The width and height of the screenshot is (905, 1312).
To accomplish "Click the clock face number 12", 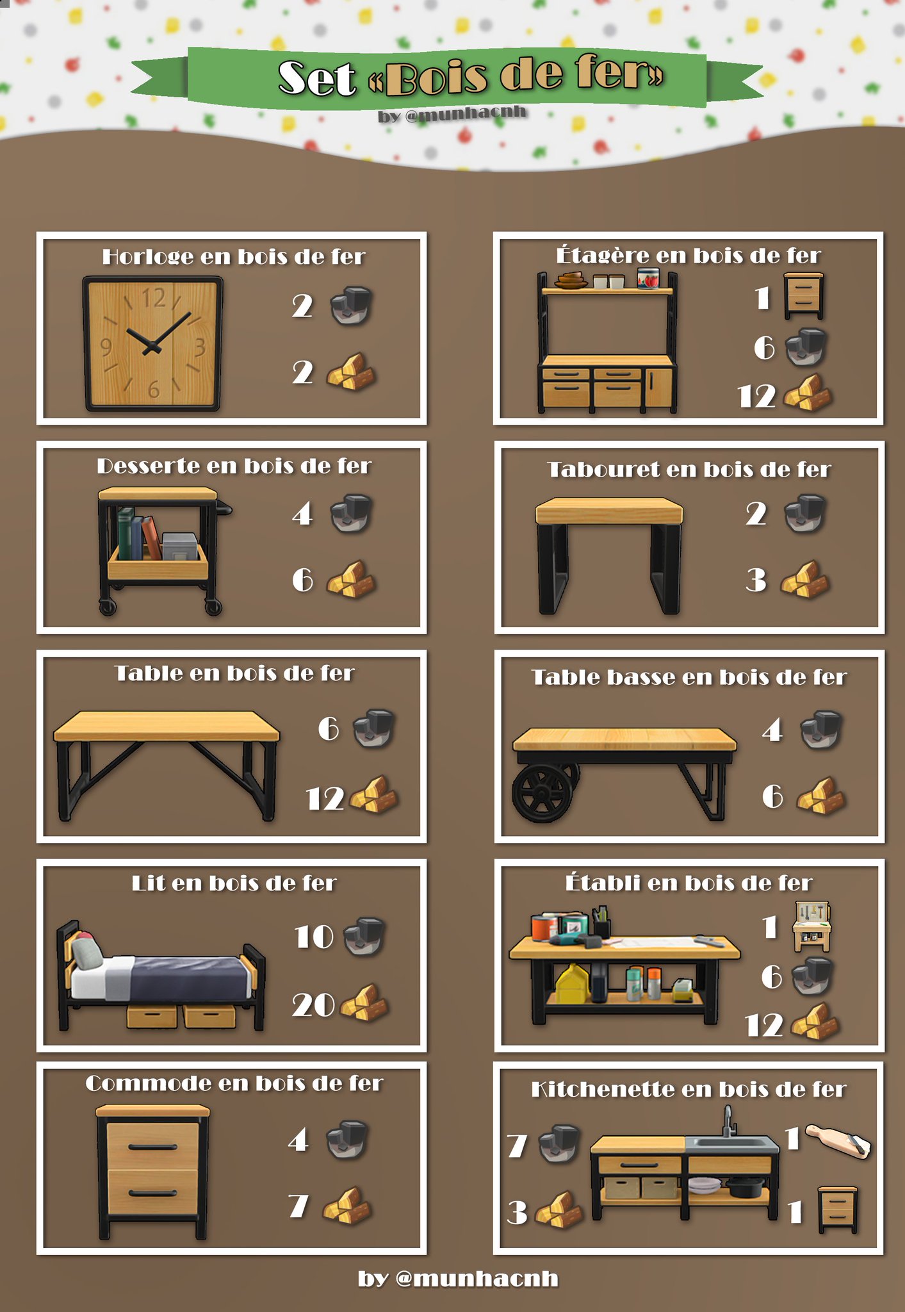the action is [154, 298].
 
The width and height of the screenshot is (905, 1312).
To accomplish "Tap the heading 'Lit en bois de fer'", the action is [234, 883].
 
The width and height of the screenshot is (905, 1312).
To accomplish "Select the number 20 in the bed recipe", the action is [313, 1004].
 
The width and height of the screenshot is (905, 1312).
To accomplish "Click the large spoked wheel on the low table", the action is [543, 792].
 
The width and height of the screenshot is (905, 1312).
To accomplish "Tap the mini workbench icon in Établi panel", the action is [811, 926].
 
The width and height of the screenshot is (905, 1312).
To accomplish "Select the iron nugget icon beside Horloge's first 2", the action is [351, 306].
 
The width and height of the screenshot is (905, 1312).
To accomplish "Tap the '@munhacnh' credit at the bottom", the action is [477, 1279].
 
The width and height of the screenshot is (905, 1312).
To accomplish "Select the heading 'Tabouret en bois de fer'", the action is [689, 470].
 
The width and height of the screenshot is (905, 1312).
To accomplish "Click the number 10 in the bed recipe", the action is [314, 937].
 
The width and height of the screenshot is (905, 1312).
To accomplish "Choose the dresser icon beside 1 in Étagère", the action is [804, 296].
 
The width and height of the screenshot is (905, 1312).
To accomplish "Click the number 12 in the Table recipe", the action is [325, 799].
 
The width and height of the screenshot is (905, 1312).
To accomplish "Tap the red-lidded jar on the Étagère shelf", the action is [648, 279].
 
